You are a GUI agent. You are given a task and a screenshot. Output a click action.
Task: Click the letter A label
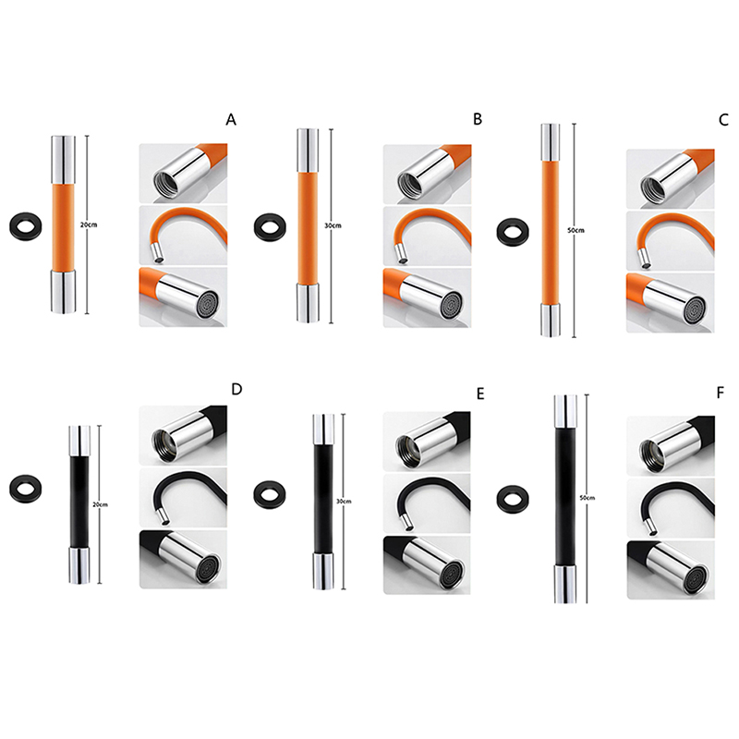pyautogui.click(x=230, y=120)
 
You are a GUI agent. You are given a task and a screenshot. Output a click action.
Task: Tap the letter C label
pyautogui.click(x=723, y=120)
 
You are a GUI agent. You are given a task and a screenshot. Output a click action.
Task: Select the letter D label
pyautogui.click(x=236, y=389)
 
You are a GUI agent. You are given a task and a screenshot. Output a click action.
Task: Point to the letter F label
pyautogui.click(x=720, y=393)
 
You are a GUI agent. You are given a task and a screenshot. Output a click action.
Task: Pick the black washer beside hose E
pyautogui.click(x=270, y=493)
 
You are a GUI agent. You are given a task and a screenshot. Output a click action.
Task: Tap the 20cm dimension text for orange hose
pyautogui.click(x=89, y=224)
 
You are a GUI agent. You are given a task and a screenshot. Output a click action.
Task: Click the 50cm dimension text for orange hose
pyautogui.click(x=575, y=230)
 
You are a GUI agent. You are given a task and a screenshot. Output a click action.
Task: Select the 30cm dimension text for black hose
pyautogui.click(x=344, y=501)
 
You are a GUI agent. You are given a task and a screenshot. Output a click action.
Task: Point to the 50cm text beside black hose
pyautogui.click(x=588, y=498)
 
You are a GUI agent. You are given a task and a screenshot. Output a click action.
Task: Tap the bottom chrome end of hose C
pyautogui.click(x=550, y=321)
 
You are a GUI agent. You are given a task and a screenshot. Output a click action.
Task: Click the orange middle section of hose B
pyautogui.click(x=308, y=227)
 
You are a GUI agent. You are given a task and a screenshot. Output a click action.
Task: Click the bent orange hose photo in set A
pyautogui.click(x=183, y=236)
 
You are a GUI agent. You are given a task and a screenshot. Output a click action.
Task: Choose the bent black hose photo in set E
pyautogui.click(x=427, y=503)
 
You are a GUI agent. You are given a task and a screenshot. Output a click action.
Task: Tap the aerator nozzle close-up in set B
pyautogui.click(x=427, y=297)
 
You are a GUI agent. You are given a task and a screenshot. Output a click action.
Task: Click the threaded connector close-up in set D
pyautogui.click(x=183, y=435)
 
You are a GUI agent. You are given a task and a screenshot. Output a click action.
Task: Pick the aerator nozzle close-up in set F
pyautogui.click(x=671, y=570)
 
